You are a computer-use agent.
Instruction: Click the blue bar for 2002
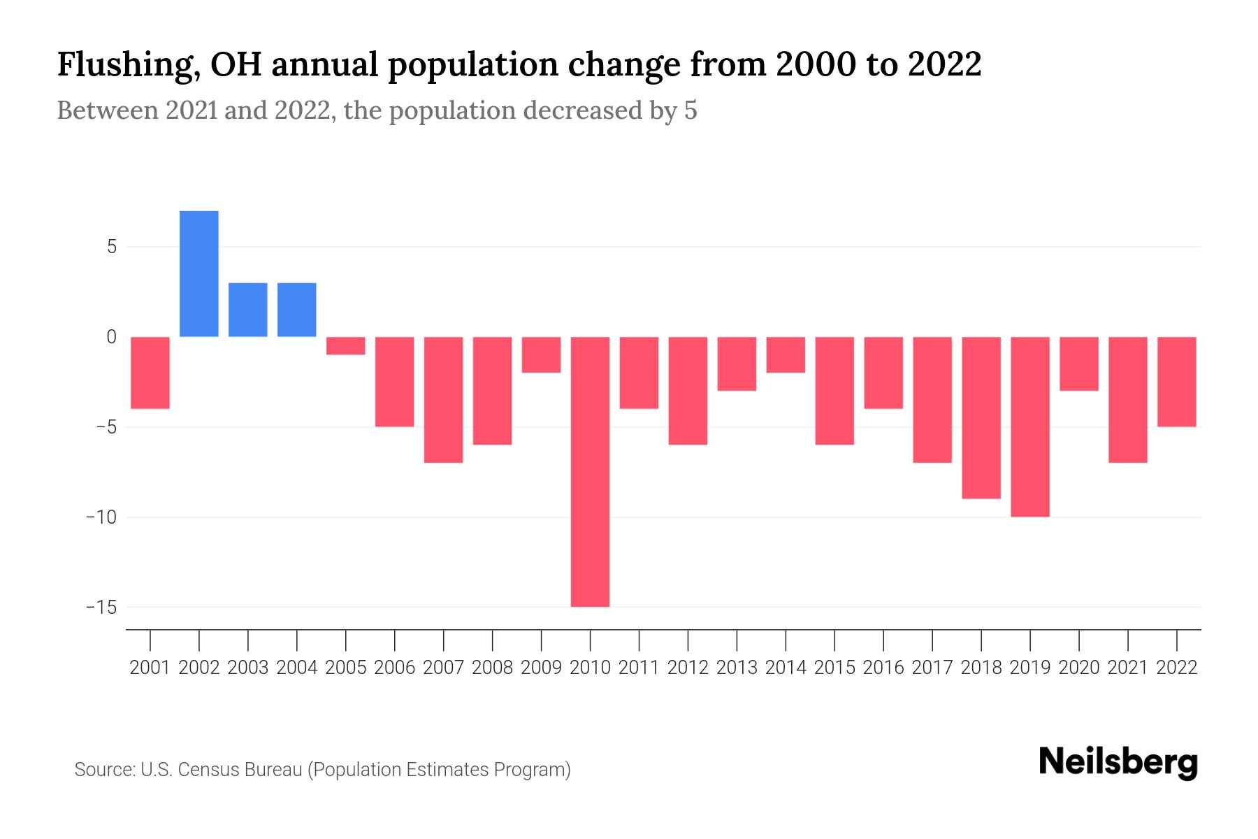tap(199, 273)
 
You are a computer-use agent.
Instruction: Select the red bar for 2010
tap(590, 472)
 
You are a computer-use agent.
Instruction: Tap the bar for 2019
tap(1030, 426)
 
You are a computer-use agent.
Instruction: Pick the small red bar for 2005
tap(346, 345)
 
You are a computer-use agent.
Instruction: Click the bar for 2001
tap(150, 373)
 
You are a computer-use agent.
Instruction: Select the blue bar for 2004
tap(297, 310)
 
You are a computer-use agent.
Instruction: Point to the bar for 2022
tap(1177, 382)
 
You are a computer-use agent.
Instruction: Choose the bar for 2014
tap(786, 354)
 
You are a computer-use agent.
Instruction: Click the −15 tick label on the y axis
tap(101, 607)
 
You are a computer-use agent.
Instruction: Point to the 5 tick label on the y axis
tap(111, 247)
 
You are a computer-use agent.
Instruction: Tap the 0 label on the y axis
tap(111, 337)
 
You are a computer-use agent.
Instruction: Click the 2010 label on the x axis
tap(590, 668)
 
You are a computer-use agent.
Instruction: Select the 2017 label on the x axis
tap(932, 668)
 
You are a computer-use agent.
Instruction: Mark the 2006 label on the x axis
tap(395, 668)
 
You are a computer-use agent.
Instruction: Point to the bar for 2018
tap(981, 417)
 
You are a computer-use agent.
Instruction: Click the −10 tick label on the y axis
tap(101, 517)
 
